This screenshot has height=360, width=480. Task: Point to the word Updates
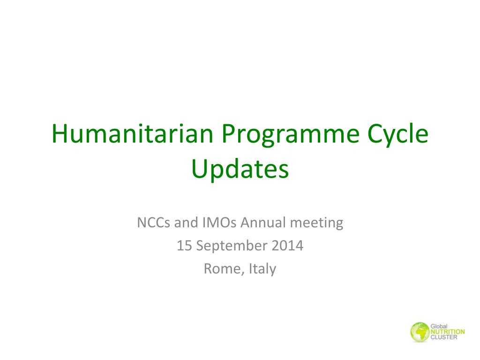pos(240,170)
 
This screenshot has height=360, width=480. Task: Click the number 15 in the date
pos(183,246)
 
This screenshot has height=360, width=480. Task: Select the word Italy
pos(262,269)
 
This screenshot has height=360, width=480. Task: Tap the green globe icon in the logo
pos(419,332)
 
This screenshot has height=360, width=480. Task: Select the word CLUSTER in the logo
pos(444,337)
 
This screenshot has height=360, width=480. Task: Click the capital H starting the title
pos(59,134)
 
